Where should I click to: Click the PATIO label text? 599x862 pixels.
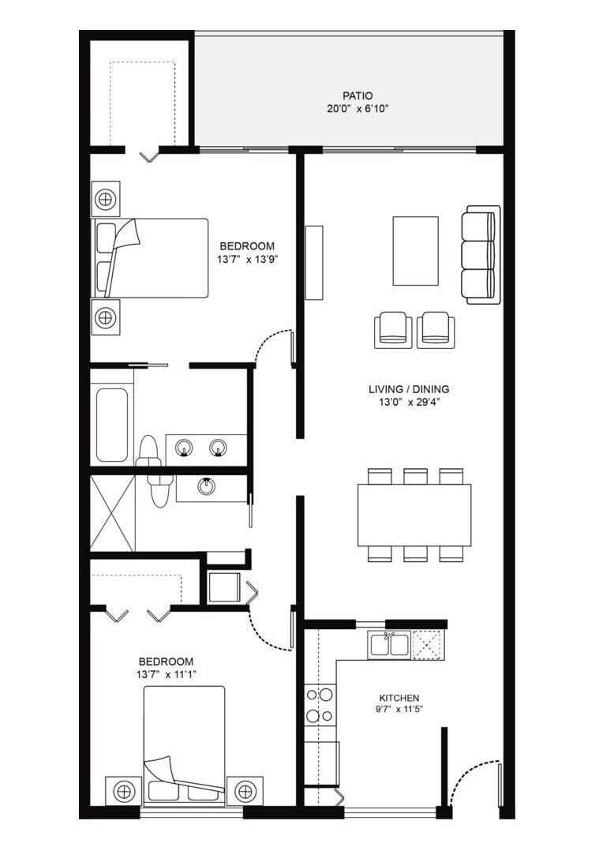348,96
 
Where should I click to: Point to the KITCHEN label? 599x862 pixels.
399,698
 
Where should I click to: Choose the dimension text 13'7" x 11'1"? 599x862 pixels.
166,674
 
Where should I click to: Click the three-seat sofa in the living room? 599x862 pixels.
481,255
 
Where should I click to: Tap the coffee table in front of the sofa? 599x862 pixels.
415,250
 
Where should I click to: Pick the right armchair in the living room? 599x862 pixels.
436,329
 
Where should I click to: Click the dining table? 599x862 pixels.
414,515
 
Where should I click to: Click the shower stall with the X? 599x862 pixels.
112,512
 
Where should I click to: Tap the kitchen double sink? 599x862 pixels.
388,645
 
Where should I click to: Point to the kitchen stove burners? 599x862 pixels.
319,705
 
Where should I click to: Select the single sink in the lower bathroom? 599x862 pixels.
207,485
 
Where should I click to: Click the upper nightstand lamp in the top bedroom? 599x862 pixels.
105,199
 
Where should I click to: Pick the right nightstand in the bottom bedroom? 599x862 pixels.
245,790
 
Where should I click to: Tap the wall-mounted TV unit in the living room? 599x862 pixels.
314,262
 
